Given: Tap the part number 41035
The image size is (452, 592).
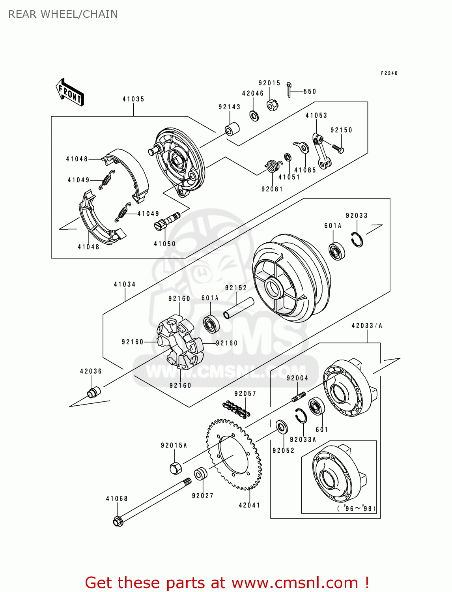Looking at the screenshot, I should [x=133, y=99].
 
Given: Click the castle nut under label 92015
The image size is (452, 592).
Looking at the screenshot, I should [x=273, y=105].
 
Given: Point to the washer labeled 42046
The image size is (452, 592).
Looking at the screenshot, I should [x=254, y=116].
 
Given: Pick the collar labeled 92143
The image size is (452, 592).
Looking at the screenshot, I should [x=232, y=129].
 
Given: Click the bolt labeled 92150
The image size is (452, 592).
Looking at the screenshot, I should [x=338, y=149].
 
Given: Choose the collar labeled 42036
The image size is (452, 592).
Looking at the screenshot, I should [x=93, y=392].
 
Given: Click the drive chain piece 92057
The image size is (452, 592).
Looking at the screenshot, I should [x=236, y=409].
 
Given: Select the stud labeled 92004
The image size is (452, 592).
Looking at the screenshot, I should [x=299, y=397].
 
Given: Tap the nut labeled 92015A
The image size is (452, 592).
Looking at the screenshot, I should [x=176, y=468].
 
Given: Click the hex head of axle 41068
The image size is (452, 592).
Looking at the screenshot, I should [x=118, y=521].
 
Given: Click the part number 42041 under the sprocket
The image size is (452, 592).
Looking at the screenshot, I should [x=249, y=505].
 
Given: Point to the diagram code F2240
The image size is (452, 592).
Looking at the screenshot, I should [x=389, y=73].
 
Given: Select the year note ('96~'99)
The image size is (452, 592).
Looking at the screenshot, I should [x=357, y=509].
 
